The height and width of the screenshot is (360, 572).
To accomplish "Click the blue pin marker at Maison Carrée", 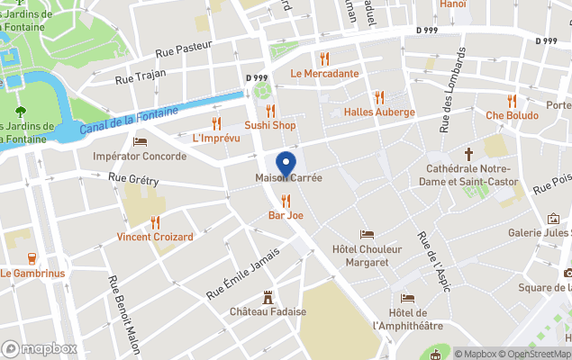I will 286,165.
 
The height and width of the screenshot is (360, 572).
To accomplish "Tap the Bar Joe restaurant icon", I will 286,201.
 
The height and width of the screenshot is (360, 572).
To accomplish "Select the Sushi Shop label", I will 270,125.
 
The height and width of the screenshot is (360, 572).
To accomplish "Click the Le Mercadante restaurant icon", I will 324,58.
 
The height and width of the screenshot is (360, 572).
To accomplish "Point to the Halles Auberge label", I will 379,112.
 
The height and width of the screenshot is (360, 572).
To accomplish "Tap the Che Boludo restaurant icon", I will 512,101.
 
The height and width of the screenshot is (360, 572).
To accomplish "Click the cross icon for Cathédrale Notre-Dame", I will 468,155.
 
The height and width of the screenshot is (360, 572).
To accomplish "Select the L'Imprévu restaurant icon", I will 216,123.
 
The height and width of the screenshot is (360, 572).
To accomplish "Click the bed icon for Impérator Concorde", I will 140,141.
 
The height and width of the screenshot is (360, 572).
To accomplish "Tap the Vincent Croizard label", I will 155,237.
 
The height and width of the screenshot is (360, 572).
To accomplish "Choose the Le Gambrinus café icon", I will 32,258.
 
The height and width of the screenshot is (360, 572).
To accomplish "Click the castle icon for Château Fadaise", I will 268,297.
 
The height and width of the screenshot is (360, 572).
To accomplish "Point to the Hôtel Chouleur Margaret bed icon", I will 367,234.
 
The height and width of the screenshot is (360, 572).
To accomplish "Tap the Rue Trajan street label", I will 137,78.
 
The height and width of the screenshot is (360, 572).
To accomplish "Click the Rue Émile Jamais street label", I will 242,273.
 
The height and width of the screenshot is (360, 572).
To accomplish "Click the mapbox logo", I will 40,348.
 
